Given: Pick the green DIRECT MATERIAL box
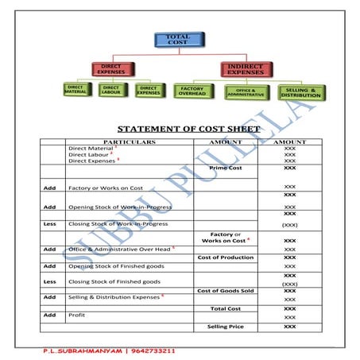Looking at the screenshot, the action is click(76, 90).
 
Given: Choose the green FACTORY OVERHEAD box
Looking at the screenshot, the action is click(194, 90).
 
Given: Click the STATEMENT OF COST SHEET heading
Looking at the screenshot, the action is click(188, 128).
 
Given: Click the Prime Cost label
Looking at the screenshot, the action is click(224, 168).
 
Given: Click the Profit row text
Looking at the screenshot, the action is click(77, 315).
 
